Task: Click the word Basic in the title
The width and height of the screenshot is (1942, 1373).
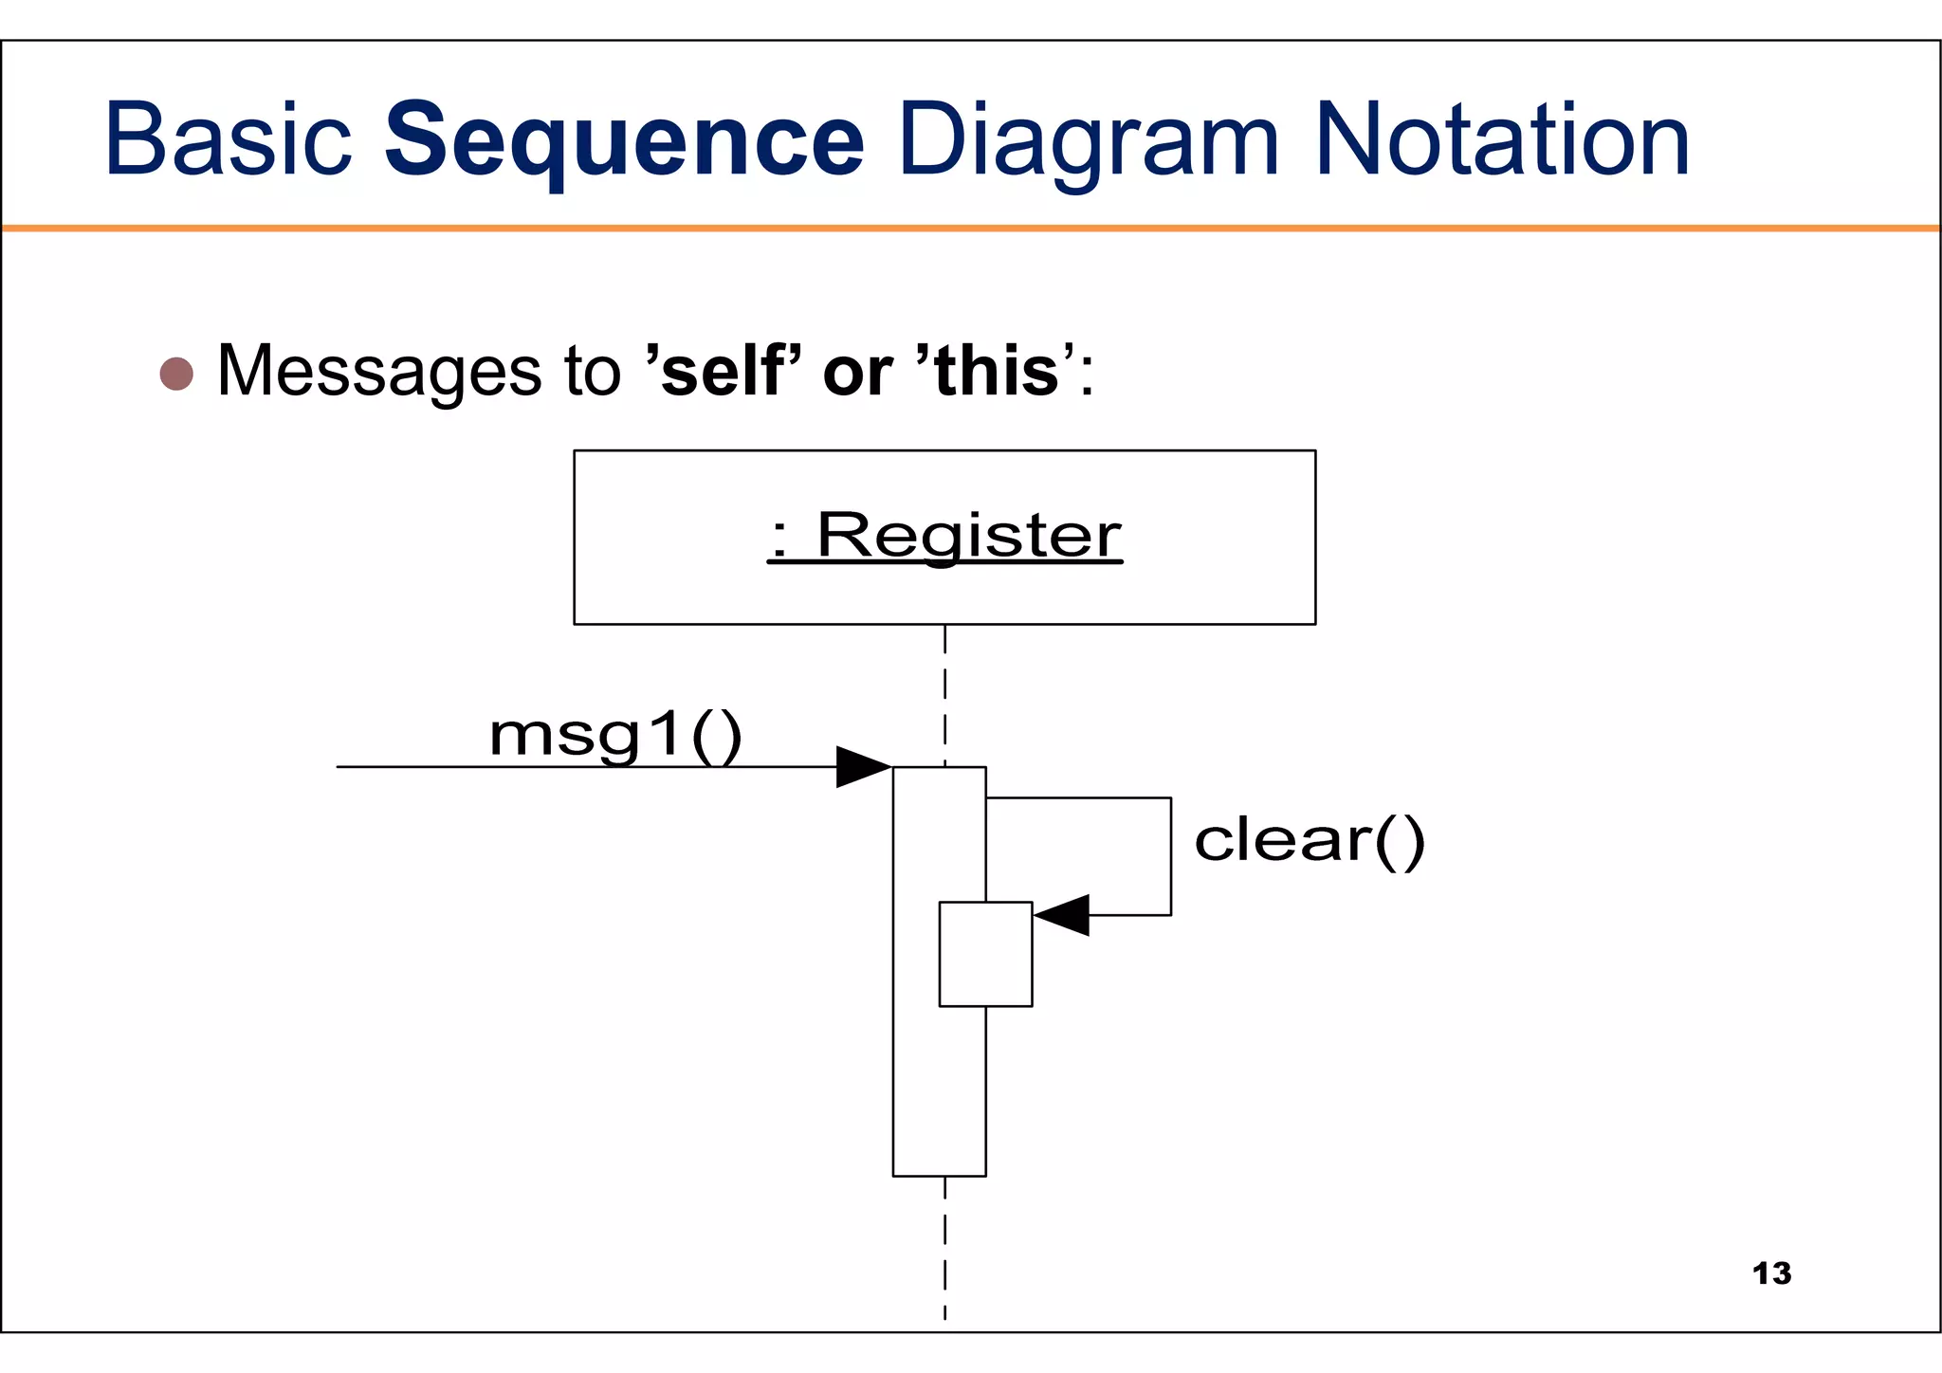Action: point(228,142)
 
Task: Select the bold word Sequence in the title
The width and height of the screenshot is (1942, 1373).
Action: point(624,142)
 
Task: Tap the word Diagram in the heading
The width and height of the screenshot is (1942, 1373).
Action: point(1088,142)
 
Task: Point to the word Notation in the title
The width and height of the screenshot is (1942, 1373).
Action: point(1502,142)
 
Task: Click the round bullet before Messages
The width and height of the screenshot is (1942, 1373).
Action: point(176,374)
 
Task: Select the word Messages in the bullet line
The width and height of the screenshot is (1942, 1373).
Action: point(379,371)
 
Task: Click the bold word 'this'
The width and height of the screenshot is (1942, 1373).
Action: point(996,371)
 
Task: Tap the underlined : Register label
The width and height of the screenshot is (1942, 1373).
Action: point(944,536)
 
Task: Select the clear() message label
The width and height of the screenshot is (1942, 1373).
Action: point(1309,840)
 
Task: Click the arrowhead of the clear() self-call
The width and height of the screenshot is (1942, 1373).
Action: point(1062,915)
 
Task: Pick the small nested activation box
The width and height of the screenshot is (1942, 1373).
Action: point(985,954)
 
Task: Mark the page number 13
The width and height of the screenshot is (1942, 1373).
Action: point(1771,1273)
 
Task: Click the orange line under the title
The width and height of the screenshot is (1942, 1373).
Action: point(971,228)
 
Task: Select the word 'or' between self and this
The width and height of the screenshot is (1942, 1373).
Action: point(857,371)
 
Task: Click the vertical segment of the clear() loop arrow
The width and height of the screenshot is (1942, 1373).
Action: point(1171,856)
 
